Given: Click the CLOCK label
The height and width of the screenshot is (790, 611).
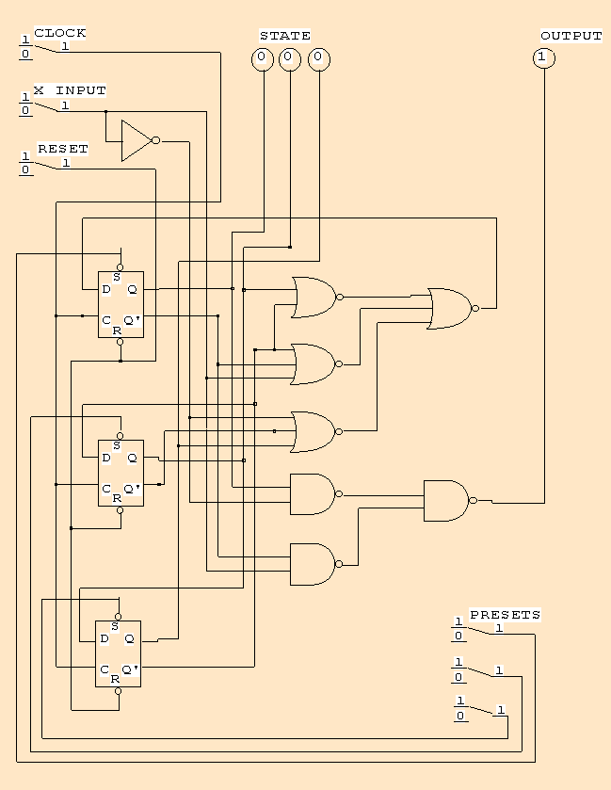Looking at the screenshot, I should point(60,33).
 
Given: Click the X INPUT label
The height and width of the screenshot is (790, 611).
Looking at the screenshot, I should point(70,90).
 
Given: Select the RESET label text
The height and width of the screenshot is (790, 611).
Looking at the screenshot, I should point(62,149).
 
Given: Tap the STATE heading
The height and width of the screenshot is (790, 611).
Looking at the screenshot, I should point(284,36).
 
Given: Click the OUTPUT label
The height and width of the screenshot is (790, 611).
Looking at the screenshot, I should point(571,36).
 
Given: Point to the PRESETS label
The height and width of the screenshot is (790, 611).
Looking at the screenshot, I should point(505,615).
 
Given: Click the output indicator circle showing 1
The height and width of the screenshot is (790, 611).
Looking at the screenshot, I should point(544,58).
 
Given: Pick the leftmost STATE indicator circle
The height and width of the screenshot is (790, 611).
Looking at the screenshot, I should point(263,58).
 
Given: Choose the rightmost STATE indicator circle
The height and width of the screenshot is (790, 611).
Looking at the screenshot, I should point(319,58).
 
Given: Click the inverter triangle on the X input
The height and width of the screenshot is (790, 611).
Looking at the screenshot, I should point(136,140).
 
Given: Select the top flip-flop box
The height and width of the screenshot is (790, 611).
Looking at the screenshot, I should point(121,304).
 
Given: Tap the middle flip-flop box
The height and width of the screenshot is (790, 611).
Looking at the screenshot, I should point(121,473).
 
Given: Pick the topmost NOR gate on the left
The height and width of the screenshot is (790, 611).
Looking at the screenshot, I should point(314,298).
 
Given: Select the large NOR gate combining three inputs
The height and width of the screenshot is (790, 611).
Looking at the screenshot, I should point(449,308).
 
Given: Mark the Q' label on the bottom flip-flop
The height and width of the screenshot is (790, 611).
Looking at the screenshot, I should point(131,669).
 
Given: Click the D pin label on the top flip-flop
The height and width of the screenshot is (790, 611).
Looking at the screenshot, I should point(106,289).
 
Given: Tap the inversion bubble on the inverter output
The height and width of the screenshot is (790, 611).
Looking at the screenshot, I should point(155,140).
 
